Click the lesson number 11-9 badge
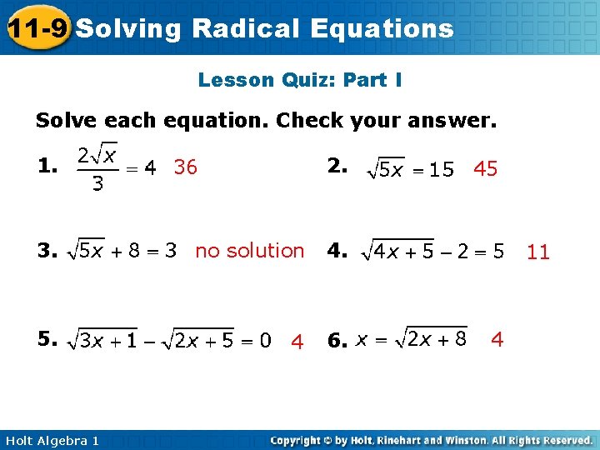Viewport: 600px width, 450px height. [x=36, y=29]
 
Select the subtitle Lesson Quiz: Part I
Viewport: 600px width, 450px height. [x=300, y=80]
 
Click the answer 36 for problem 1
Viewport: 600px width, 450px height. [x=185, y=167]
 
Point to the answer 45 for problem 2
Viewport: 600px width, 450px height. [x=485, y=169]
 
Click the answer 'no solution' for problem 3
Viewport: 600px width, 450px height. [x=249, y=250]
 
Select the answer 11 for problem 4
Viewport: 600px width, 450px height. [x=538, y=252]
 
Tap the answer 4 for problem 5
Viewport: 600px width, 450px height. [x=296, y=341]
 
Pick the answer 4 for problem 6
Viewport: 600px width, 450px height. [x=497, y=339]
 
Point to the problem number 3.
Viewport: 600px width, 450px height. [x=46, y=249]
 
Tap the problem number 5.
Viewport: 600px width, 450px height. [x=46, y=337]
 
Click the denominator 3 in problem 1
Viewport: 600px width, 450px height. [x=97, y=184]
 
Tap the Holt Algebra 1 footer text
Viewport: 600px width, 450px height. [x=50, y=440]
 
